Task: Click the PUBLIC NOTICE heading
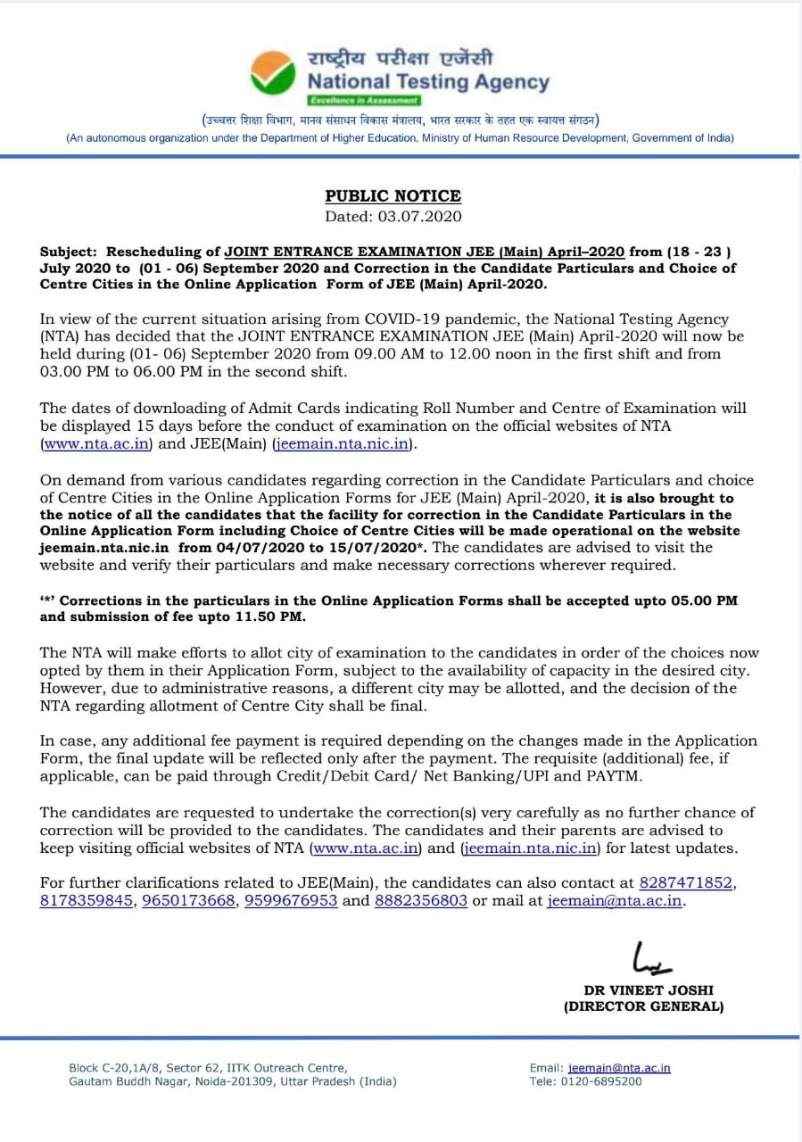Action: pos(393,196)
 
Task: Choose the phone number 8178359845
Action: pos(87,900)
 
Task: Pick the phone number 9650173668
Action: pos(190,900)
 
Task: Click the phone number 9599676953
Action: pos(291,900)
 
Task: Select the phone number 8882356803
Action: pos(421,900)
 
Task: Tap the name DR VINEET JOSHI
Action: pos(649,990)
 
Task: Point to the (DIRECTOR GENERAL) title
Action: pos(643,1006)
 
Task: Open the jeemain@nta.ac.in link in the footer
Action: pos(618,1068)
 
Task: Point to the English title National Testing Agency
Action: pos(428,82)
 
